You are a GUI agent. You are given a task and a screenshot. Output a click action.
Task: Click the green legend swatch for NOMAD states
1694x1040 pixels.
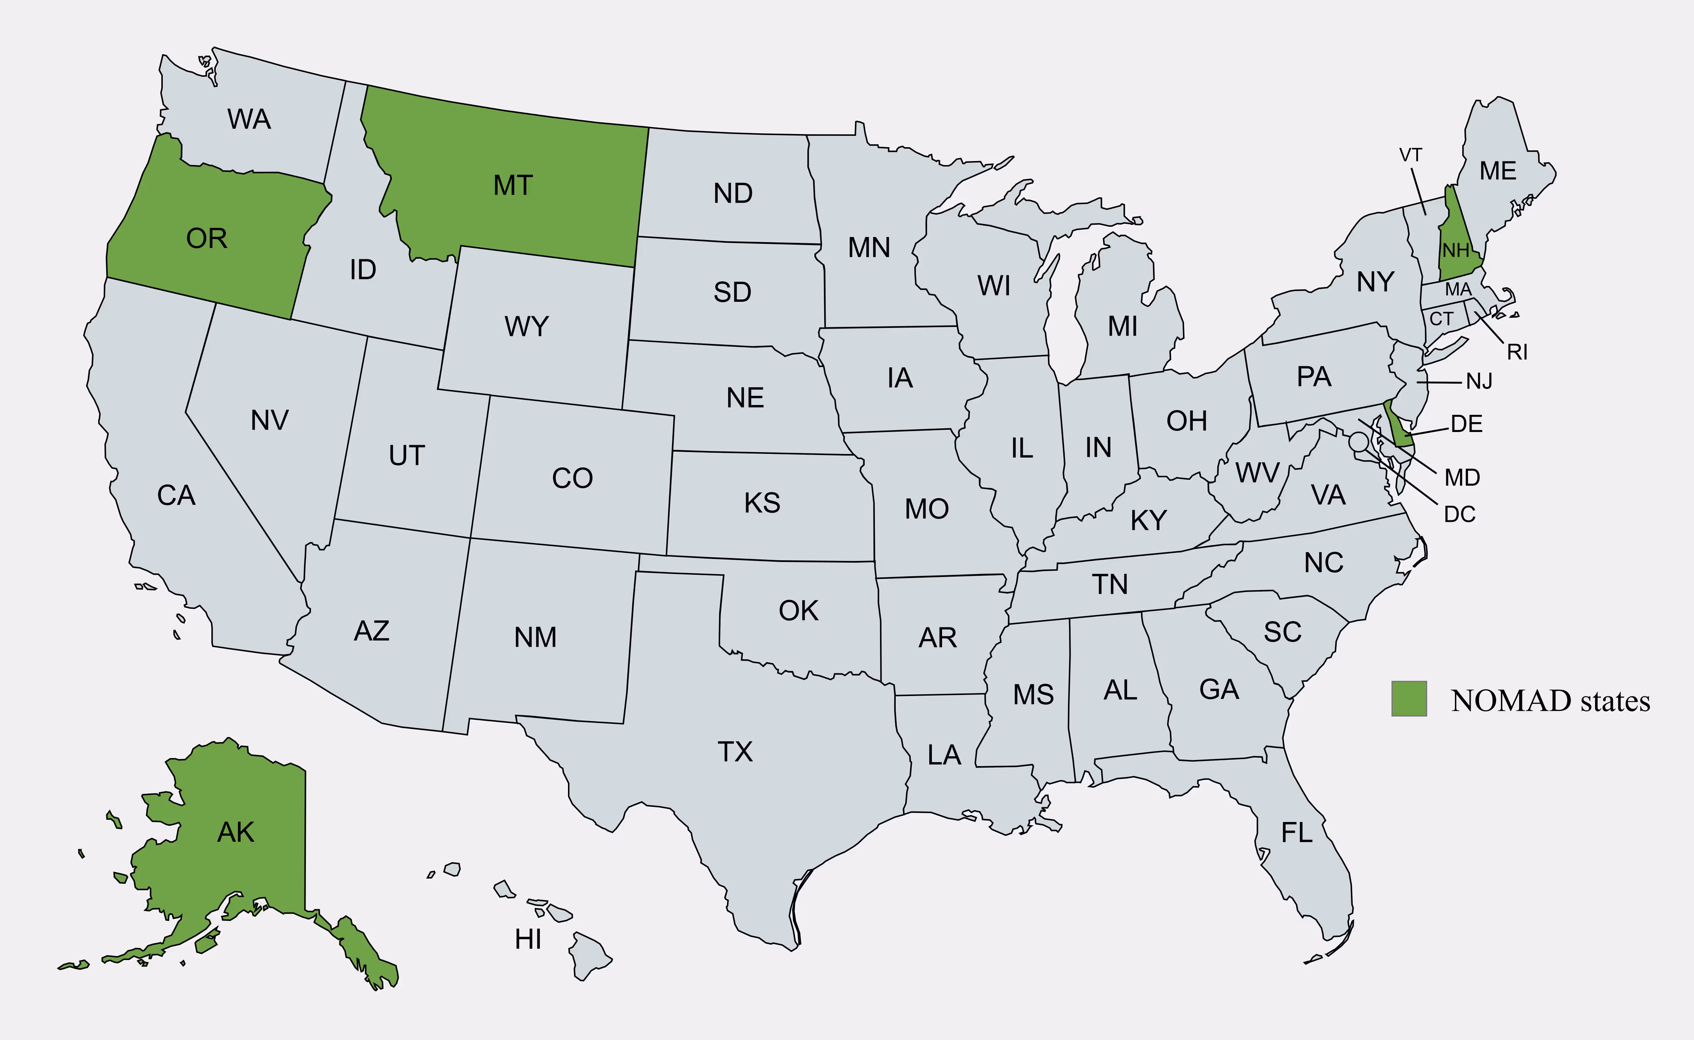coord(1409,699)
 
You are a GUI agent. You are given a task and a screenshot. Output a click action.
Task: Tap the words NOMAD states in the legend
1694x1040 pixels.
coord(1550,701)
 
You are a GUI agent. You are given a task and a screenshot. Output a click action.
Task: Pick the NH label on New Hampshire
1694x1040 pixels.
coord(1455,251)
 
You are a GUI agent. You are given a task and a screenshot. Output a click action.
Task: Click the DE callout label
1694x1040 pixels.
coord(1467,424)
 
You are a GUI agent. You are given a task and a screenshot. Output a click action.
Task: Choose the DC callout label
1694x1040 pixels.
coord(1460,515)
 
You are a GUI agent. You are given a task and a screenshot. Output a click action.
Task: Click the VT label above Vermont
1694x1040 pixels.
coord(1410,156)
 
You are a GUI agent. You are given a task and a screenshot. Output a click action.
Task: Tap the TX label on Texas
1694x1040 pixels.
coord(735,752)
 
